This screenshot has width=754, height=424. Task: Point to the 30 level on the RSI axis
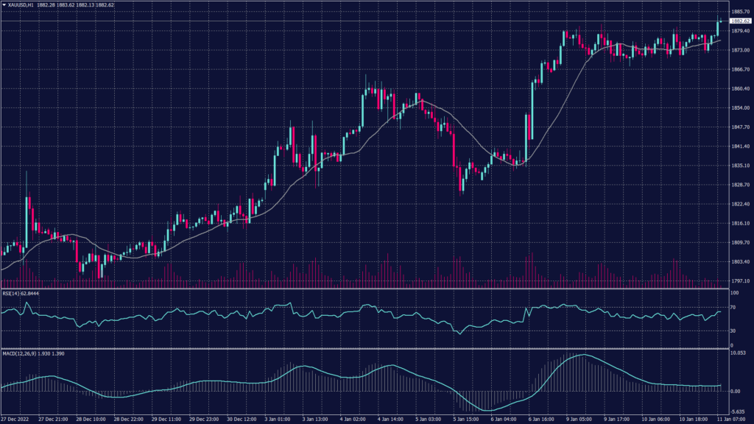733,331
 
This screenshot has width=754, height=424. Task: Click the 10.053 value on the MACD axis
739,353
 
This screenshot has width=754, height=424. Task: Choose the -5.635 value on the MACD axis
739,411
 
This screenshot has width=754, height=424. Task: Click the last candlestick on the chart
718,25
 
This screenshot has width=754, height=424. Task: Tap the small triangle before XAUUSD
4,4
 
